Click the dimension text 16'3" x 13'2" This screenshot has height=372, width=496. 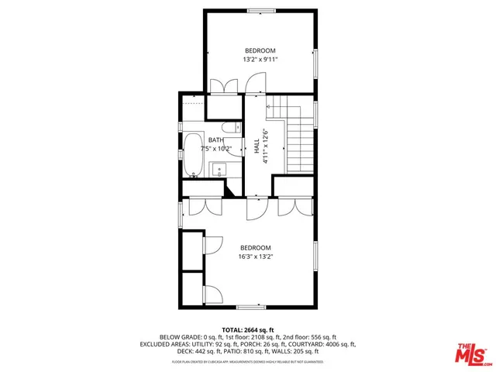(x=256, y=256)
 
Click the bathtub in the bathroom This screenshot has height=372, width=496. (x=192, y=155)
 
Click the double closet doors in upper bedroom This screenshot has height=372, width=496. (x=223, y=85)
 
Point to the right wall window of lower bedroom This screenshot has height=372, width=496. (x=315, y=254)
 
